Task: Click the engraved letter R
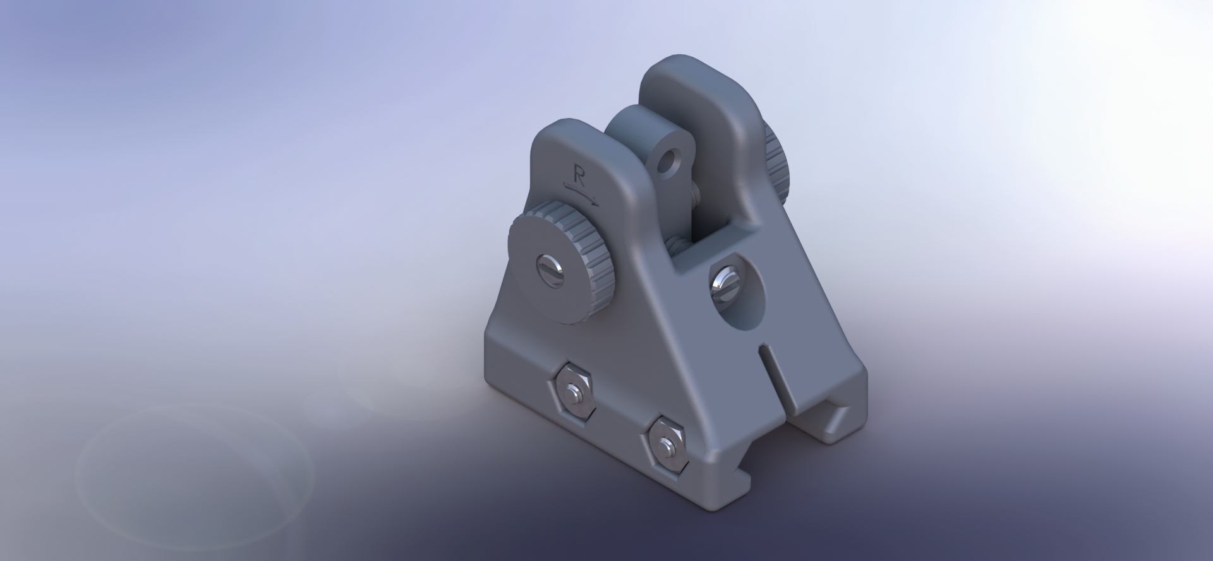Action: coord(577,174)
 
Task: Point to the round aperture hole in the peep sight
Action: coord(666,165)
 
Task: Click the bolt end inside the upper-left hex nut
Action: coord(572,391)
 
